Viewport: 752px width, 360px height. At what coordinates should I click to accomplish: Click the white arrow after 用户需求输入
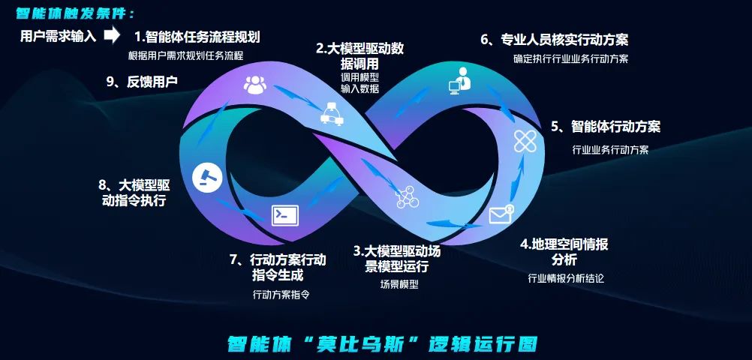112,34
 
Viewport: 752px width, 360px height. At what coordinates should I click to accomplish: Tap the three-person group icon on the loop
254,85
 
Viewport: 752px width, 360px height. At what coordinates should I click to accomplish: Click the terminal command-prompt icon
284,215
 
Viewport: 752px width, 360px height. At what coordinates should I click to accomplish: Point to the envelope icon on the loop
501,215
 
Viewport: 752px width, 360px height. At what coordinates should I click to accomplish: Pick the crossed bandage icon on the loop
525,139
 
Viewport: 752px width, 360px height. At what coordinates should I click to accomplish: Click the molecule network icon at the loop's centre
407,196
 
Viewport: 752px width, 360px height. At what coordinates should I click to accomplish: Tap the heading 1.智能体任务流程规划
197,36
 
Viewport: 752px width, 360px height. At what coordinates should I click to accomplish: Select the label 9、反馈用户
142,82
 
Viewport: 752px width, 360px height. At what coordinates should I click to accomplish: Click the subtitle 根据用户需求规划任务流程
186,55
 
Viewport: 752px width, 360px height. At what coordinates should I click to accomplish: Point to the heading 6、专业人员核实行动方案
555,40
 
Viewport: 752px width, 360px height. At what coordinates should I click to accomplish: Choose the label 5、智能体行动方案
606,127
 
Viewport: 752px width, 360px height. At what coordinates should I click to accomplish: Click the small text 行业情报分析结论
566,278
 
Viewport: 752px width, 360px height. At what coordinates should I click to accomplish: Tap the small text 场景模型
399,285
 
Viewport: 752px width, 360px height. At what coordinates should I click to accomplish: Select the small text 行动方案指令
281,295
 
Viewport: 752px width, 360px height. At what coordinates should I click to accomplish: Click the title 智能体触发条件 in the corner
75,13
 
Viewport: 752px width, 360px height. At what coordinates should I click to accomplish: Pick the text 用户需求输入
58,35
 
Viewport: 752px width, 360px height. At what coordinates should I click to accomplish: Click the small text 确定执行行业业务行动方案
571,58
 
